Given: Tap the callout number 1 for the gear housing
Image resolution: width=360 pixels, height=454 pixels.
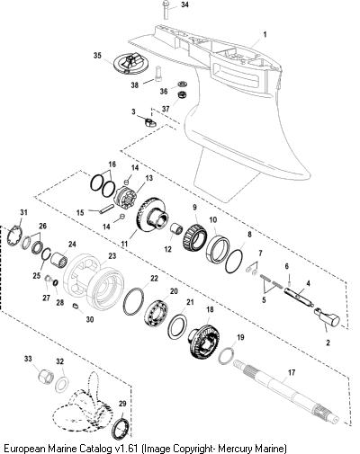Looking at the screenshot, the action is pyautogui.click(x=265, y=34).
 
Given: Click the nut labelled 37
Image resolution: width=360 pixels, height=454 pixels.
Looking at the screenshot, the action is pyautogui.click(x=182, y=95).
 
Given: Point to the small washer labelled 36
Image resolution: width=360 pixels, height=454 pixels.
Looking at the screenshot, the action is pyautogui.click(x=182, y=84).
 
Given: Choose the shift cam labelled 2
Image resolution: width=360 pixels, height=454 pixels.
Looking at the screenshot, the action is pyautogui.click(x=327, y=316).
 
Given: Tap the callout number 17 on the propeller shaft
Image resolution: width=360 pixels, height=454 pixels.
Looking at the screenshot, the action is pyautogui.click(x=292, y=372).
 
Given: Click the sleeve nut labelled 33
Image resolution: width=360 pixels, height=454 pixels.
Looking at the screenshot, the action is pyautogui.click(x=46, y=376).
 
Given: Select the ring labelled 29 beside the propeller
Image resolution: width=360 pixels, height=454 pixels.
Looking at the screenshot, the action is pyautogui.click(x=121, y=425).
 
